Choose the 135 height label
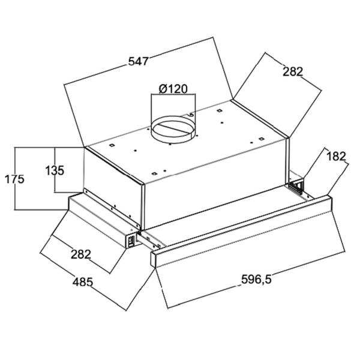(x=54, y=170)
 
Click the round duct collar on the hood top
(x=173, y=130)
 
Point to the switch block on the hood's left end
(x=130, y=241)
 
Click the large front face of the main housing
(x=216, y=180)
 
